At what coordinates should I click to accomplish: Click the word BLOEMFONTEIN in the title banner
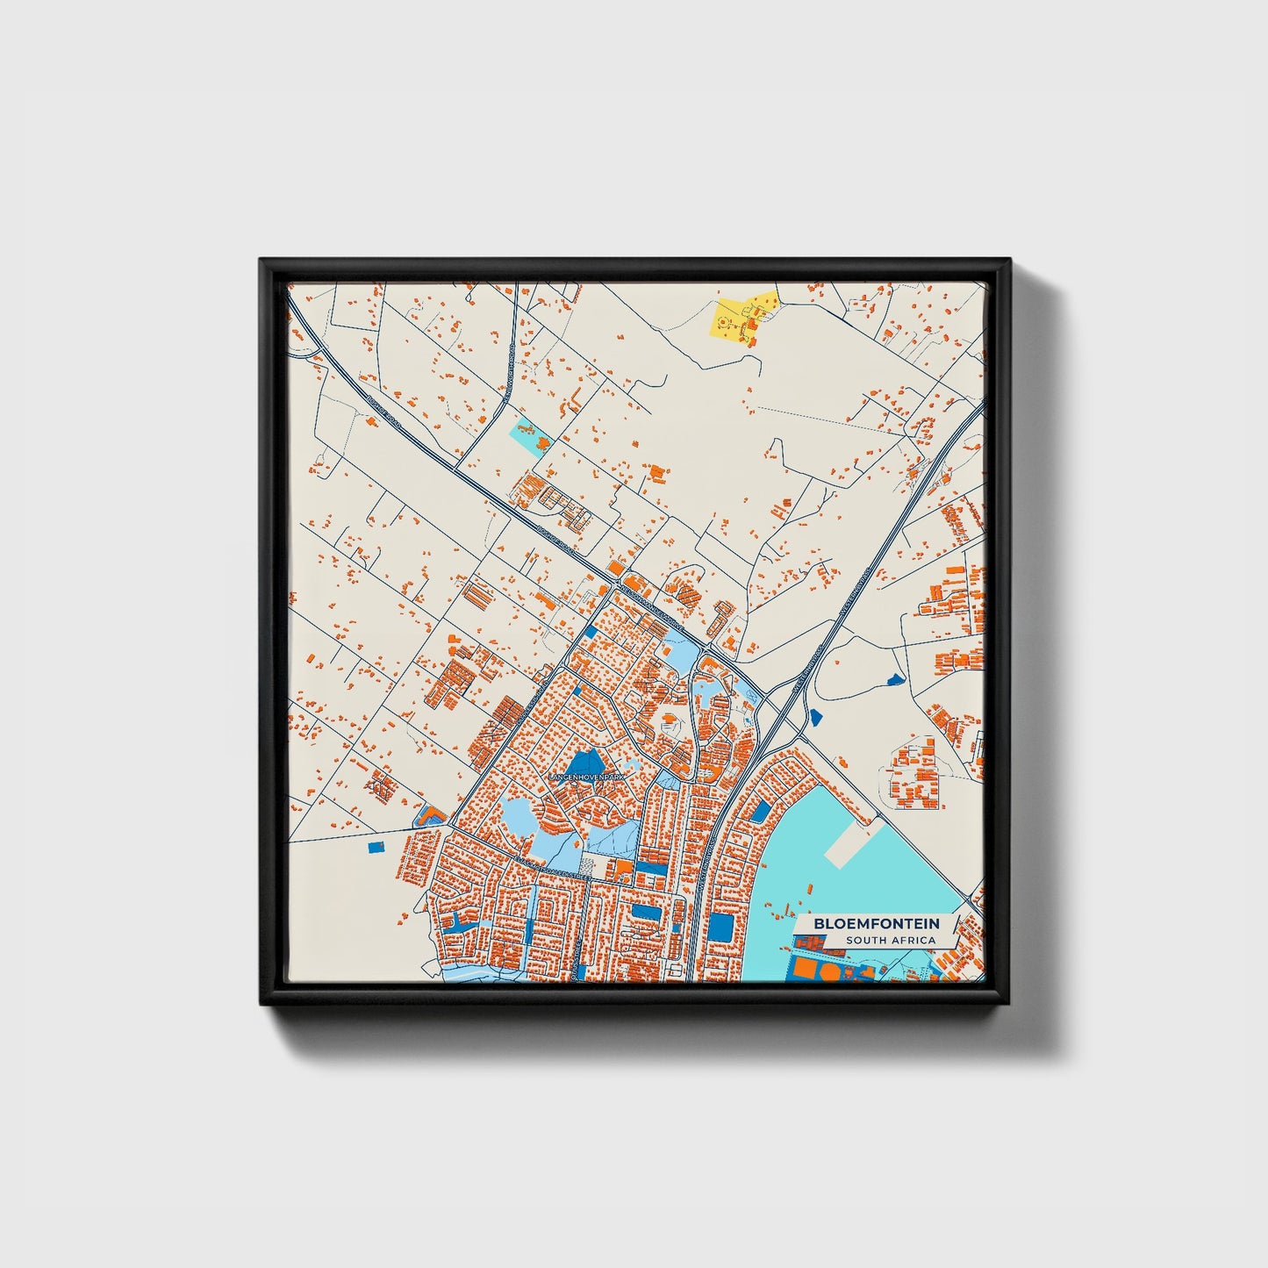point(876,923)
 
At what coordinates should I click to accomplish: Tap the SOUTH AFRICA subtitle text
point(891,941)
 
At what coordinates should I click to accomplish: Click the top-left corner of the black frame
point(262,261)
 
